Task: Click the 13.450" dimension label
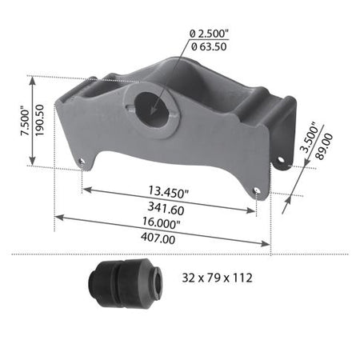169,192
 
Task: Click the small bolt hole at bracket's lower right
255,191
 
